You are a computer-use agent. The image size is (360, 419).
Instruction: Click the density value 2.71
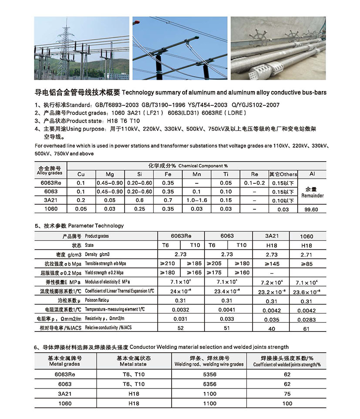(x=306, y=254)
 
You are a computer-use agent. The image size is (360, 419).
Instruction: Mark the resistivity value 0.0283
(x=306, y=320)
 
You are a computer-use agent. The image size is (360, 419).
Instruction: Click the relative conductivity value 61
(x=306, y=329)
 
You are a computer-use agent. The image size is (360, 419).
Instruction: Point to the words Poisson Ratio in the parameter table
(x=97, y=301)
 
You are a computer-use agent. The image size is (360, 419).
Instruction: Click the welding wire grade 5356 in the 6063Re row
(x=209, y=375)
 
